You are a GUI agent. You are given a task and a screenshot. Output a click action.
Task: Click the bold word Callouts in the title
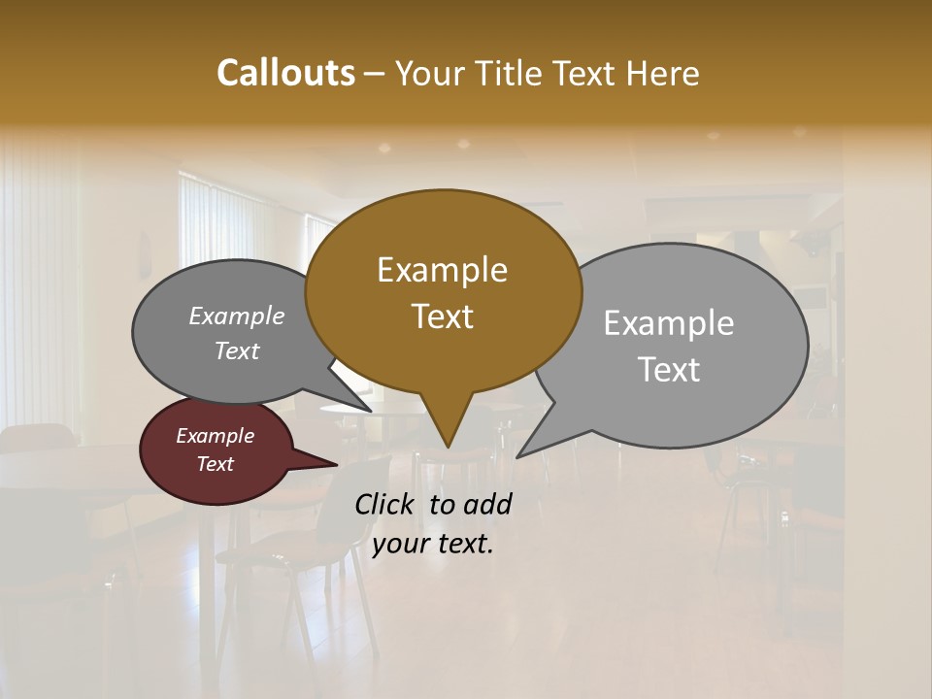285,73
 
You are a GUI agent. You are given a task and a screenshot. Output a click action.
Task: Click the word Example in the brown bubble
442,270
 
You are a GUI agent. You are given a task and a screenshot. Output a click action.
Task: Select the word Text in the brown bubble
442,316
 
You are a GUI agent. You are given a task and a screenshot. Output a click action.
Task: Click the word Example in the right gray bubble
669,323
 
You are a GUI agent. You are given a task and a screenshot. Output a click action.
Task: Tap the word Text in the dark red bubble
216,464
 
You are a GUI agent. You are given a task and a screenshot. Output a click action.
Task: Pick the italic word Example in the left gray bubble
237,316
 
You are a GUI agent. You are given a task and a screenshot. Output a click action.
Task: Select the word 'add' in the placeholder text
487,504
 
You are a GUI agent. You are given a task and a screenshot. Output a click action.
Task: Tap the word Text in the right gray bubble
669,370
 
